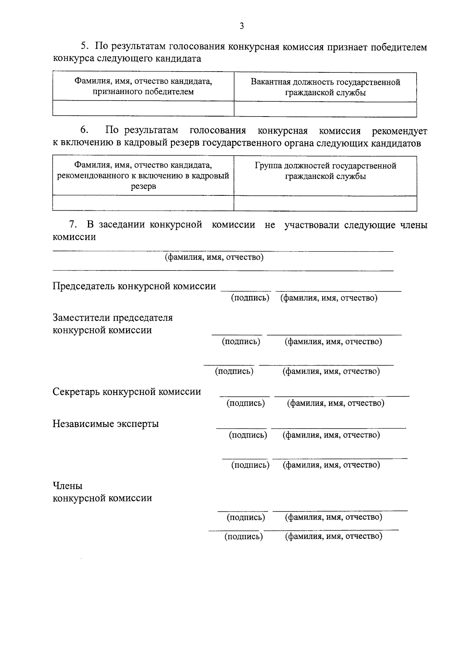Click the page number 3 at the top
point(241,26)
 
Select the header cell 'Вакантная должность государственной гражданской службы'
point(325,87)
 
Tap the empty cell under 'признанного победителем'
point(143,109)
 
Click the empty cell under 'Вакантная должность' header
point(325,109)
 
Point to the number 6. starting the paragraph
point(85,131)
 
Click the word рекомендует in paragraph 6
point(399,131)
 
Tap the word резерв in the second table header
point(143,187)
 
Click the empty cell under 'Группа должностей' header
point(325,203)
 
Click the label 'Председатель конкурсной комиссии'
point(134,286)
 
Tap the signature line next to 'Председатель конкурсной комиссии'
point(246,291)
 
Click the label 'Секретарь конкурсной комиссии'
point(127,392)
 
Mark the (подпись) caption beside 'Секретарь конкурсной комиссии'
point(246,403)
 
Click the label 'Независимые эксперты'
point(105,424)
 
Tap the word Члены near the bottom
point(67,486)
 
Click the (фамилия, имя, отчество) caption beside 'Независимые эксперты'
point(331,435)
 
